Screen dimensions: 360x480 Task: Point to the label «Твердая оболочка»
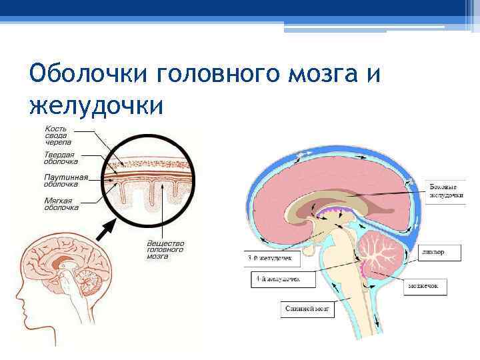pos(61,158)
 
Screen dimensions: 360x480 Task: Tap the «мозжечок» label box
pos(427,287)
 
